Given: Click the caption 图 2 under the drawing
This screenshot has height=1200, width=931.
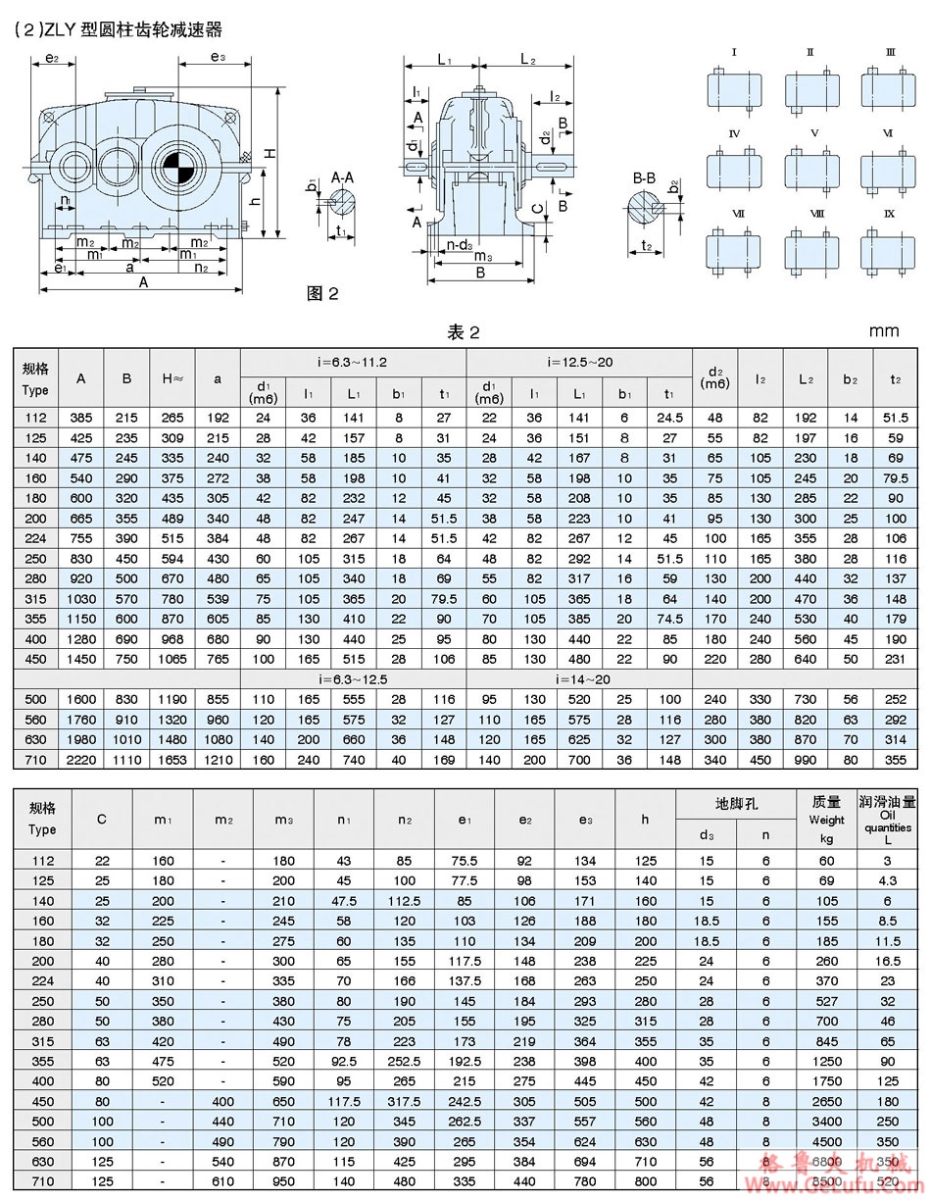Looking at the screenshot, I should coord(322,293).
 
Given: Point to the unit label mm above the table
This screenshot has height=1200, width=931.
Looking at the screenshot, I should coord(883,330).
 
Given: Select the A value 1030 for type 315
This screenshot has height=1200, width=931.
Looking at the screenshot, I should coord(81,598).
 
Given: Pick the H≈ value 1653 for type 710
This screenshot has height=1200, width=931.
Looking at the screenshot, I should coord(171,760).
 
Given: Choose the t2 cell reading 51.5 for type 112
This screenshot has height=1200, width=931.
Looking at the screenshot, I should coord(897,418).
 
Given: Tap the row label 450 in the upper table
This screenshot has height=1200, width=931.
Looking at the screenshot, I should coord(35,659).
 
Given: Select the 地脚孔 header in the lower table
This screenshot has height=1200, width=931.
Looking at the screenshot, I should coord(736,803).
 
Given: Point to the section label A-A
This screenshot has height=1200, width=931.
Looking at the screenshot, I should coord(344,177).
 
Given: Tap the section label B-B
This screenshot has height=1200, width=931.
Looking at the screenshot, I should coord(644,177).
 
